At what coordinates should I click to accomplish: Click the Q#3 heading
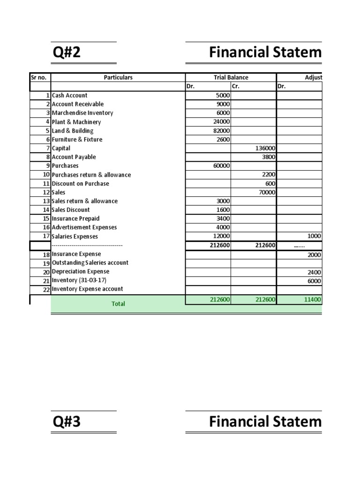point(67,422)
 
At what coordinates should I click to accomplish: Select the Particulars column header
point(118,77)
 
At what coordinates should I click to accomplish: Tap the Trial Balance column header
point(231,77)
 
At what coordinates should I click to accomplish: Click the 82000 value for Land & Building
point(221,131)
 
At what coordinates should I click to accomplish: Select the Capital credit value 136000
point(264,148)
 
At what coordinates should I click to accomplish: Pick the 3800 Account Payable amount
point(268,157)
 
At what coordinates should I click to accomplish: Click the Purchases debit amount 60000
point(221,166)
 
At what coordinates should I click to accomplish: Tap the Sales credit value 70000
point(266,192)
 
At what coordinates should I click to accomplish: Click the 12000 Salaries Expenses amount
point(221,236)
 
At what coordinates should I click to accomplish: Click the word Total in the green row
point(118,304)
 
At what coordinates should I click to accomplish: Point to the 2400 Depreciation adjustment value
point(315,272)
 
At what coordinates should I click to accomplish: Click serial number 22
point(46,290)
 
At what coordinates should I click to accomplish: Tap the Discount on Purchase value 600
point(270,184)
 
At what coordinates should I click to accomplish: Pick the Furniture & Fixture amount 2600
point(223,140)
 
